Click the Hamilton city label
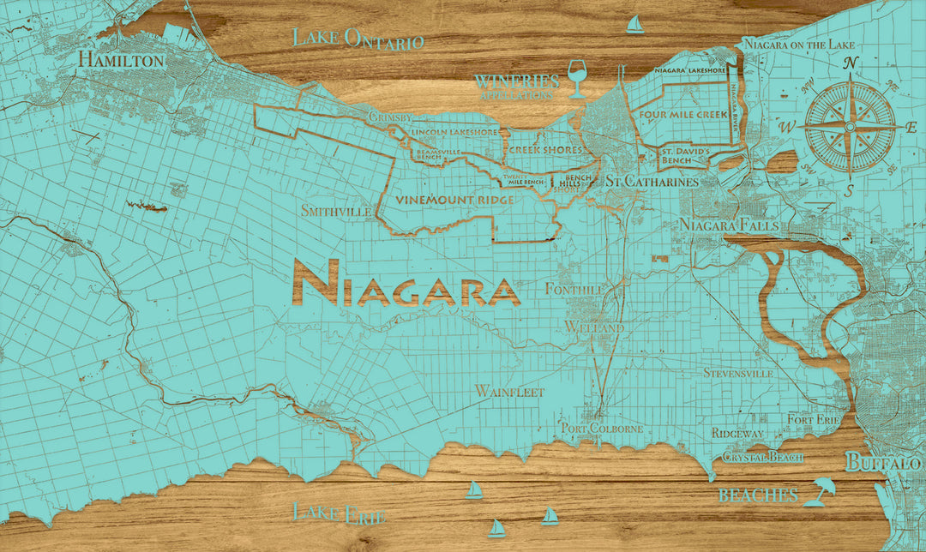click(x=121, y=60)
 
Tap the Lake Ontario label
click(x=358, y=39)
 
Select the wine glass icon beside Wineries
click(x=577, y=77)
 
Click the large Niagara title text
click(x=406, y=283)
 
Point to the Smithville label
click(x=336, y=210)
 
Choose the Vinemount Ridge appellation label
click(x=454, y=199)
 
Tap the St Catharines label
click(x=652, y=182)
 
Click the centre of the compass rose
click(x=850, y=126)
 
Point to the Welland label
click(x=594, y=328)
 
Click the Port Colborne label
click(x=602, y=428)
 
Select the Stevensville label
click(x=738, y=373)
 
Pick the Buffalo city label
click(x=883, y=463)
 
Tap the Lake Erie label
click(x=339, y=513)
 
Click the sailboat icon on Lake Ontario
click(x=634, y=24)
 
